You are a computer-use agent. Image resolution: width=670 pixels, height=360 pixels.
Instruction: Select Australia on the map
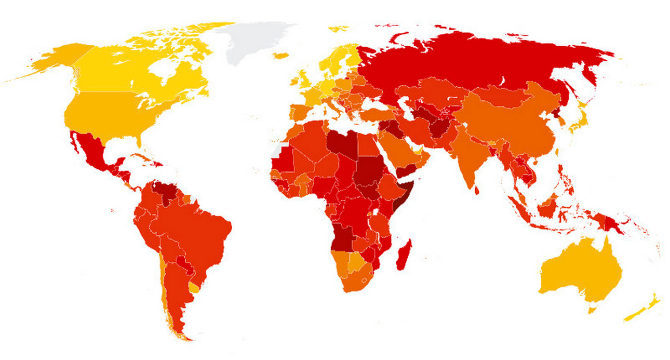click(x=582, y=273)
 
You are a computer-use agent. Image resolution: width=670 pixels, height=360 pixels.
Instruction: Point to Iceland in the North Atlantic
click(x=280, y=55)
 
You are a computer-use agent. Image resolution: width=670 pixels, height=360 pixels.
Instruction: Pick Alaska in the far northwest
click(x=57, y=60)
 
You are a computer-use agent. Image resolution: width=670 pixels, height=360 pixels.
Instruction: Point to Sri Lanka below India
click(x=477, y=191)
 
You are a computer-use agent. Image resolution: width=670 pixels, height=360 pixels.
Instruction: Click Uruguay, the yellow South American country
click(x=194, y=287)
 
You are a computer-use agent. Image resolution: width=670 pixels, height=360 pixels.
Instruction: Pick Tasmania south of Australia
click(x=592, y=310)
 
